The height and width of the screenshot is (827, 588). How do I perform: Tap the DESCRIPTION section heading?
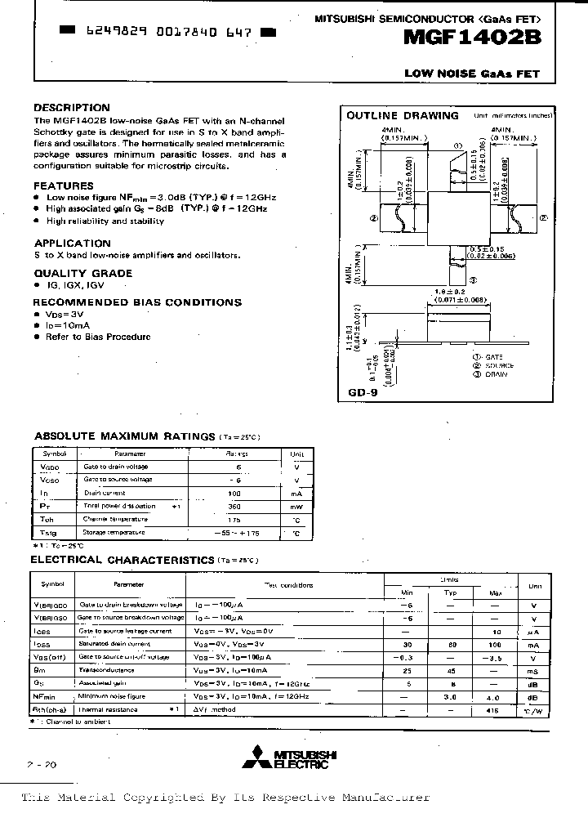point(72,108)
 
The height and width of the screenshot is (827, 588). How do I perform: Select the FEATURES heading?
point(64,186)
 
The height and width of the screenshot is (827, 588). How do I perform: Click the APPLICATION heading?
point(72,243)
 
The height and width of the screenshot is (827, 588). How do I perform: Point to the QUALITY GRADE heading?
point(82,274)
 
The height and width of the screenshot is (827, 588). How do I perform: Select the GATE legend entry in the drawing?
point(495,357)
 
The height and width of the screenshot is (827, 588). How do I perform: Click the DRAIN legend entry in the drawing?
point(496,374)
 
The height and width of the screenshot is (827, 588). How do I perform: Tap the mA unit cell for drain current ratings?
point(296,494)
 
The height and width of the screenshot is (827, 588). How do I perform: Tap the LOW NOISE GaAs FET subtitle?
point(472,74)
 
